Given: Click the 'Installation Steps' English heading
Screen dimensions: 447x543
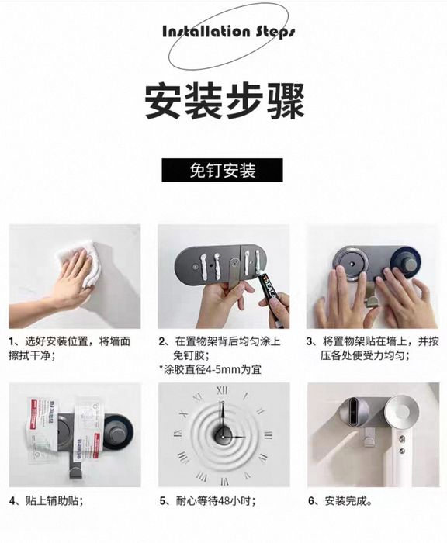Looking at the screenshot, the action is pos(229,32).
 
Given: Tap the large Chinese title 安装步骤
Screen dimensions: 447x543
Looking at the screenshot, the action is pos(224,101).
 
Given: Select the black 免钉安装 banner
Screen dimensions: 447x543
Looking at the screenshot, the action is pos(222,170).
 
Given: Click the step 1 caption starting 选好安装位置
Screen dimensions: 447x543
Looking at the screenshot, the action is pos(69,348).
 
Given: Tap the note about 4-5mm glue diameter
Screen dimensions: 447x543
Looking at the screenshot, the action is pos(210,369).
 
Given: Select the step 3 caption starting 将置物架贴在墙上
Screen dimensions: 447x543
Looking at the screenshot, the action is pos(372,348).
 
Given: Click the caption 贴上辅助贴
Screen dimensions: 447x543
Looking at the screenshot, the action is pos(47,500).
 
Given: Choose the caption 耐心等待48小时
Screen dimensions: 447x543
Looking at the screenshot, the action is pos(208,500).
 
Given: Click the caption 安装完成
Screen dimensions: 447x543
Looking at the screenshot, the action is pos(340,500).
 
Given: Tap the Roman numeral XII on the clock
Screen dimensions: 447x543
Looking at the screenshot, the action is pos(222,391).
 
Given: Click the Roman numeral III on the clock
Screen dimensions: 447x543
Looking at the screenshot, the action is pos(268,435).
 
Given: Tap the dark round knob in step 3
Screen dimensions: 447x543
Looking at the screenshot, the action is pos(406,262).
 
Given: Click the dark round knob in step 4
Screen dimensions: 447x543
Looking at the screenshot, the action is pos(117,433).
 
